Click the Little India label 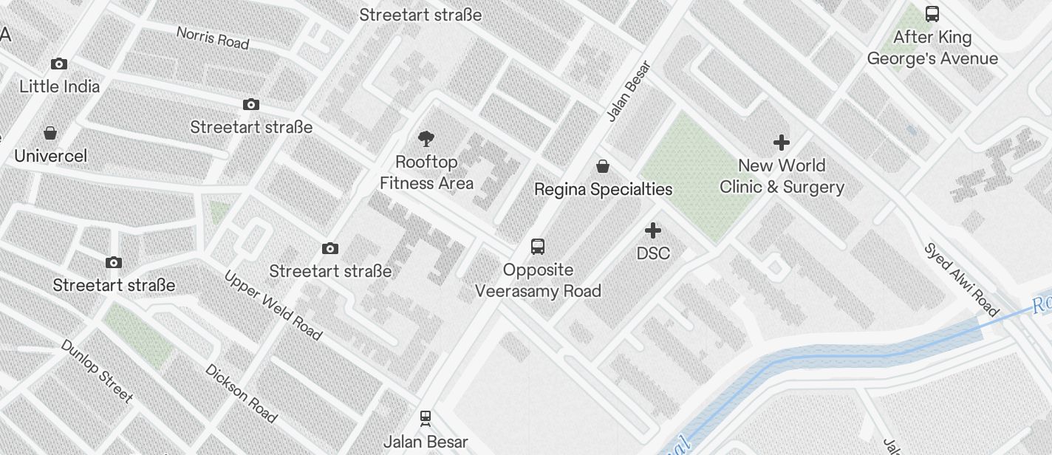(59, 86)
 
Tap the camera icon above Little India (59, 64)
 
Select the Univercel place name (50, 156)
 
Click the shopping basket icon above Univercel (50, 133)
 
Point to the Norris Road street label (213, 38)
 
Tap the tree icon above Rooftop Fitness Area (426, 137)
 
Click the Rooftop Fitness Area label (426, 172)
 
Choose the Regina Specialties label (603, 189)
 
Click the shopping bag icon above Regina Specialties (603, 166)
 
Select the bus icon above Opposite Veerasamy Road (538, 247)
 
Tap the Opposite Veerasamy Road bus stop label (538, 280)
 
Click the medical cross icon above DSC (653, 230)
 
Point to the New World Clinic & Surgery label (782, 176)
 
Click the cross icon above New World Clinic (782, 143)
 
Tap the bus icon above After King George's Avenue (932, 14)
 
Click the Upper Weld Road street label (273, 306)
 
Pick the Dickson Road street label (241, 393)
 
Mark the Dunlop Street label (97, 371)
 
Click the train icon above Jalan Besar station (426, 418)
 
